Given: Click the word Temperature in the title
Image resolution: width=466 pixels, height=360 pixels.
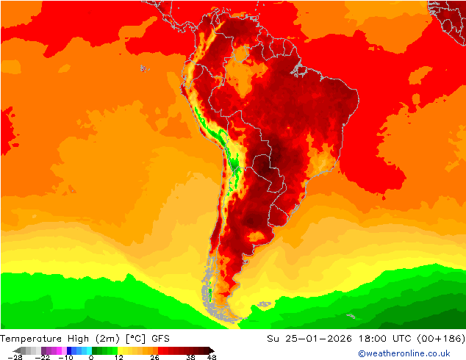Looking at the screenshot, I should [x=31, y=339].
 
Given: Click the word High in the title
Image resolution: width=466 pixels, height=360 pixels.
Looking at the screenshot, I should [x=79, y=339].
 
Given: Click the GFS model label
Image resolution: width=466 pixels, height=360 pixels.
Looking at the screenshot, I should [x=161, y=339].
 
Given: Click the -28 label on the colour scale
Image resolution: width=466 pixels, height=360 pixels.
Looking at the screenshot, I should [x=15, y=357].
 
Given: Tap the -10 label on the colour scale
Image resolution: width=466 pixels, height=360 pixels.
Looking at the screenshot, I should [x=65, y=357].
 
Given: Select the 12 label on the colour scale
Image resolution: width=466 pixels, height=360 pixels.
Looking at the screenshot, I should [x=118, y=357].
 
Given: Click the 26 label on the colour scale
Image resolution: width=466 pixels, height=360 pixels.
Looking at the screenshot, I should [x=154, y=357].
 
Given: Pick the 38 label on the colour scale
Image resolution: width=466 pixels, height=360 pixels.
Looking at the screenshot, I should [x=190, y=357].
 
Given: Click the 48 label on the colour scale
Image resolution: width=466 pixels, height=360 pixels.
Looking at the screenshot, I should [x=212, y=357].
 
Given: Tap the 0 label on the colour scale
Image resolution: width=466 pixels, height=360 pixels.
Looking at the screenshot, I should [x=91, y=357].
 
